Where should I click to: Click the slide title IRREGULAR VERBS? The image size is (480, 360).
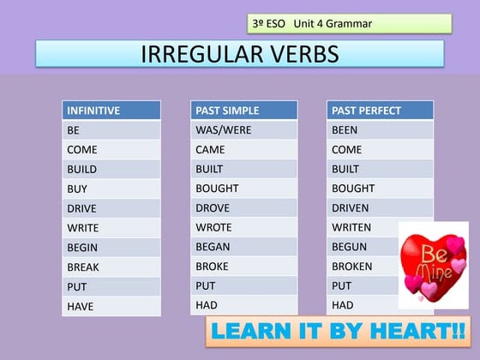(x=239, y=54)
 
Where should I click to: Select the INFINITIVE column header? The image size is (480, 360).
(x=111, y=111)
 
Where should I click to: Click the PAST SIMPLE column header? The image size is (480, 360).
(x=243, y=111)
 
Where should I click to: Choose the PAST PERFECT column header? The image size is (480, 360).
(x=380, y=111)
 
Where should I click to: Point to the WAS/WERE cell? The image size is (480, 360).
(x=243, y=130)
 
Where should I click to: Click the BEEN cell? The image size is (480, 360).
(x=380, y=130)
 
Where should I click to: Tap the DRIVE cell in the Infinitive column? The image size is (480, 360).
(x=111, y=208)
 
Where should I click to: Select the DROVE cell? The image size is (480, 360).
(x=243, y=208)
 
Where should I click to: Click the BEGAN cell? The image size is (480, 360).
(x=243, y=247)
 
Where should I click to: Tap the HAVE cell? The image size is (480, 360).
(x=111, y=306)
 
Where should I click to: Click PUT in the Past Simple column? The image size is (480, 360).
(x=243, y=286)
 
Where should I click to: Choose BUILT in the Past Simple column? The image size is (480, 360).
(x=243, y=170)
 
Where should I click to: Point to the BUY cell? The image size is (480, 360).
(x=111, y=189)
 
